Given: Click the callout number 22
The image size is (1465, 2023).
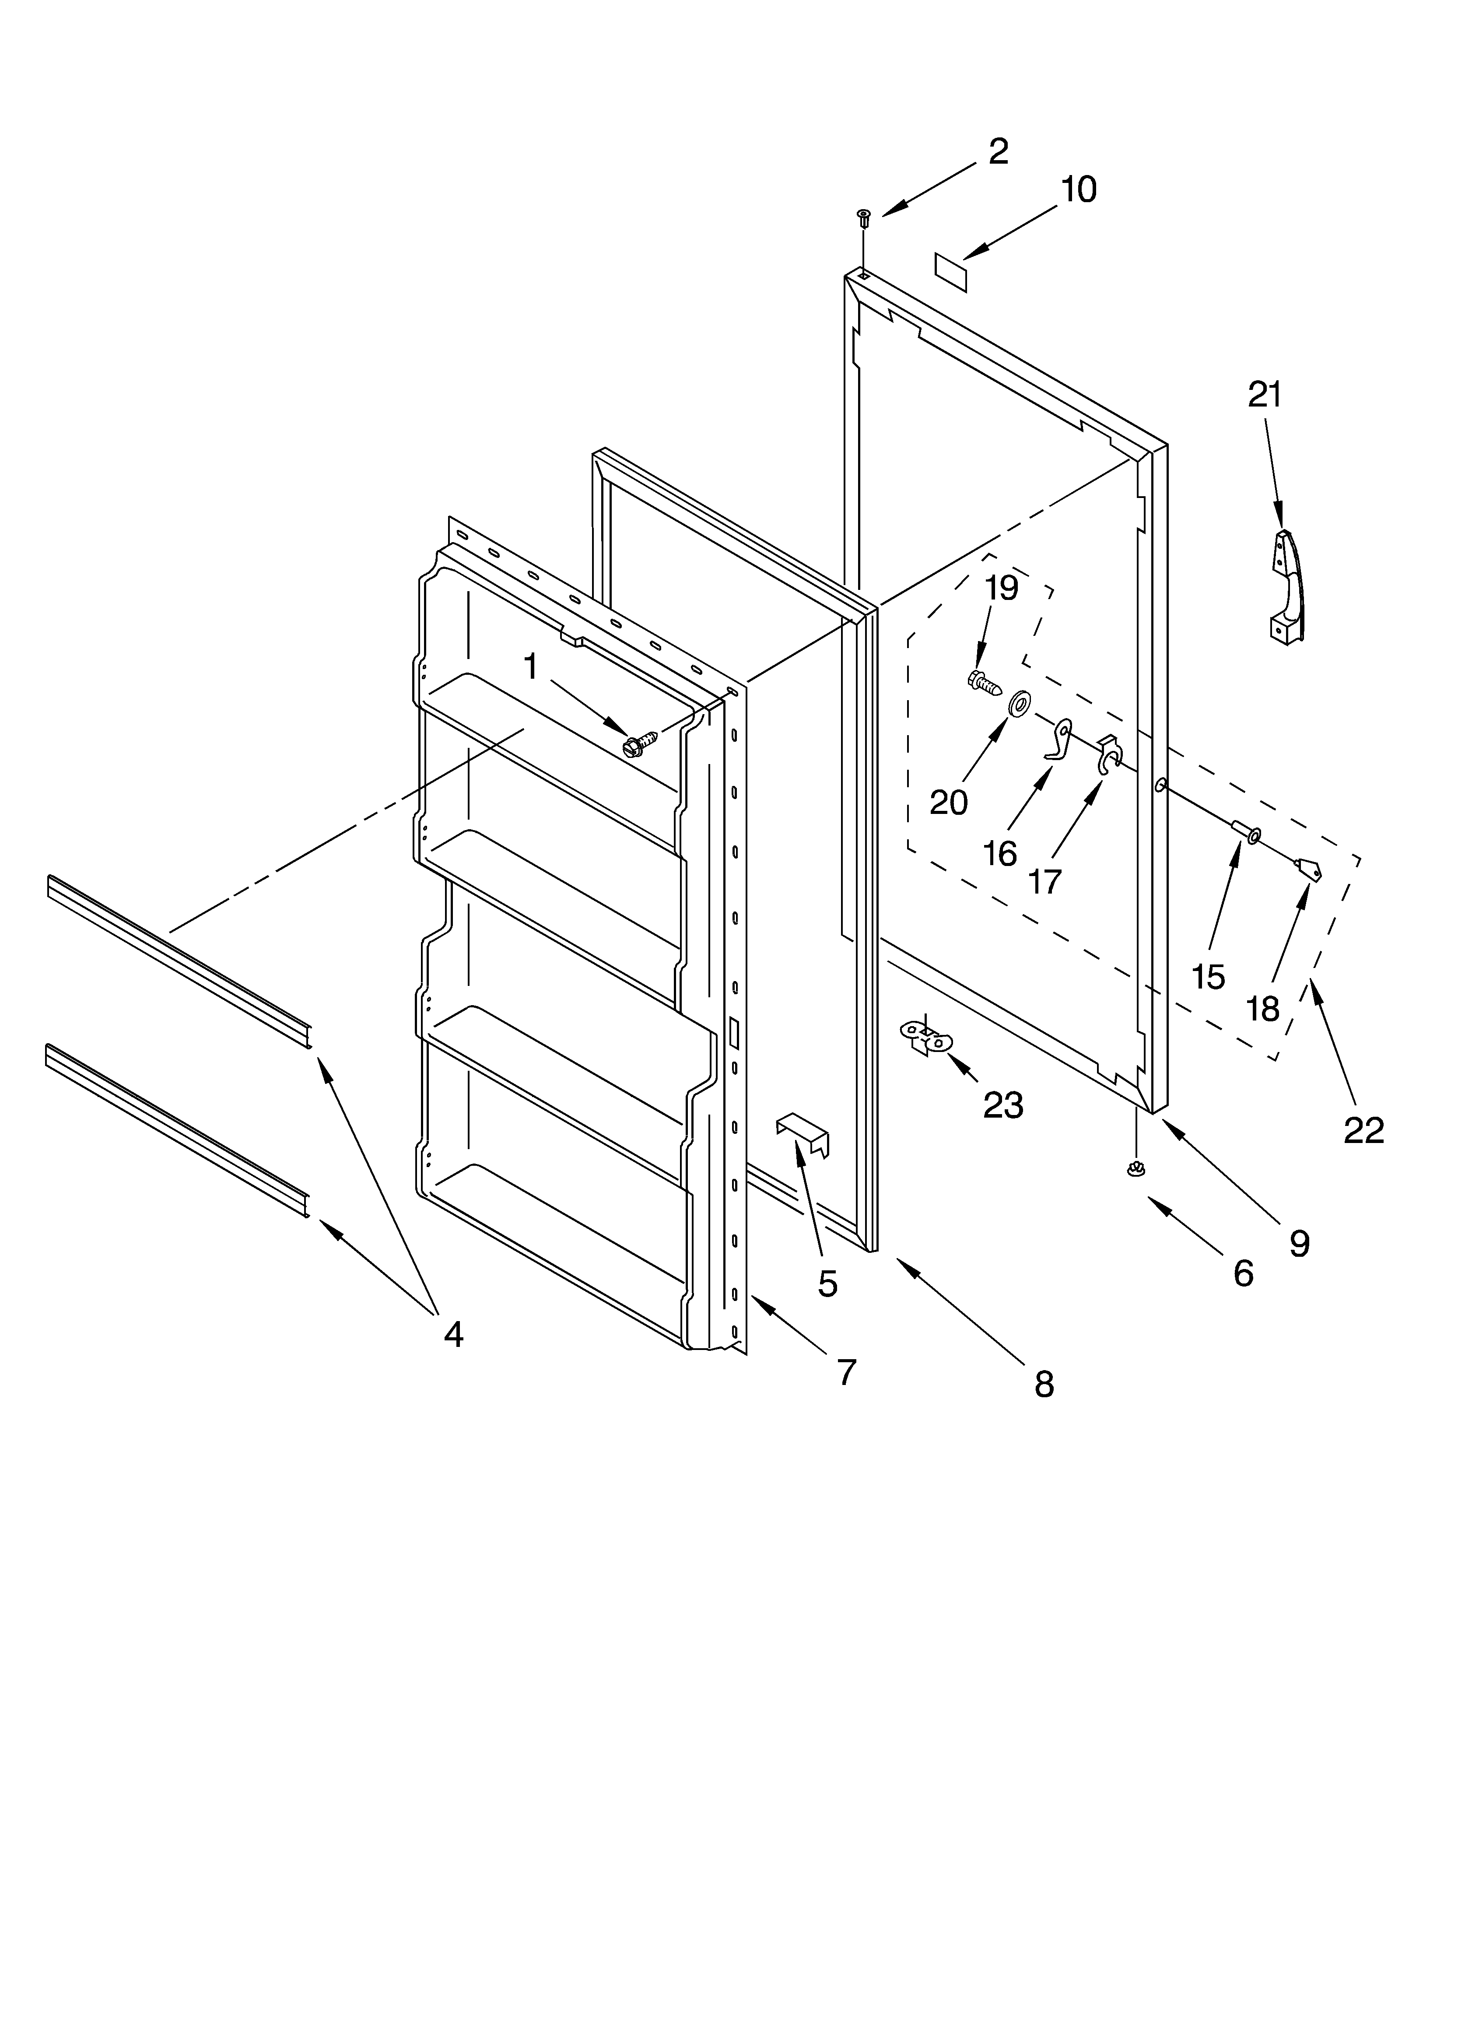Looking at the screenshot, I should point(1363,1130).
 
